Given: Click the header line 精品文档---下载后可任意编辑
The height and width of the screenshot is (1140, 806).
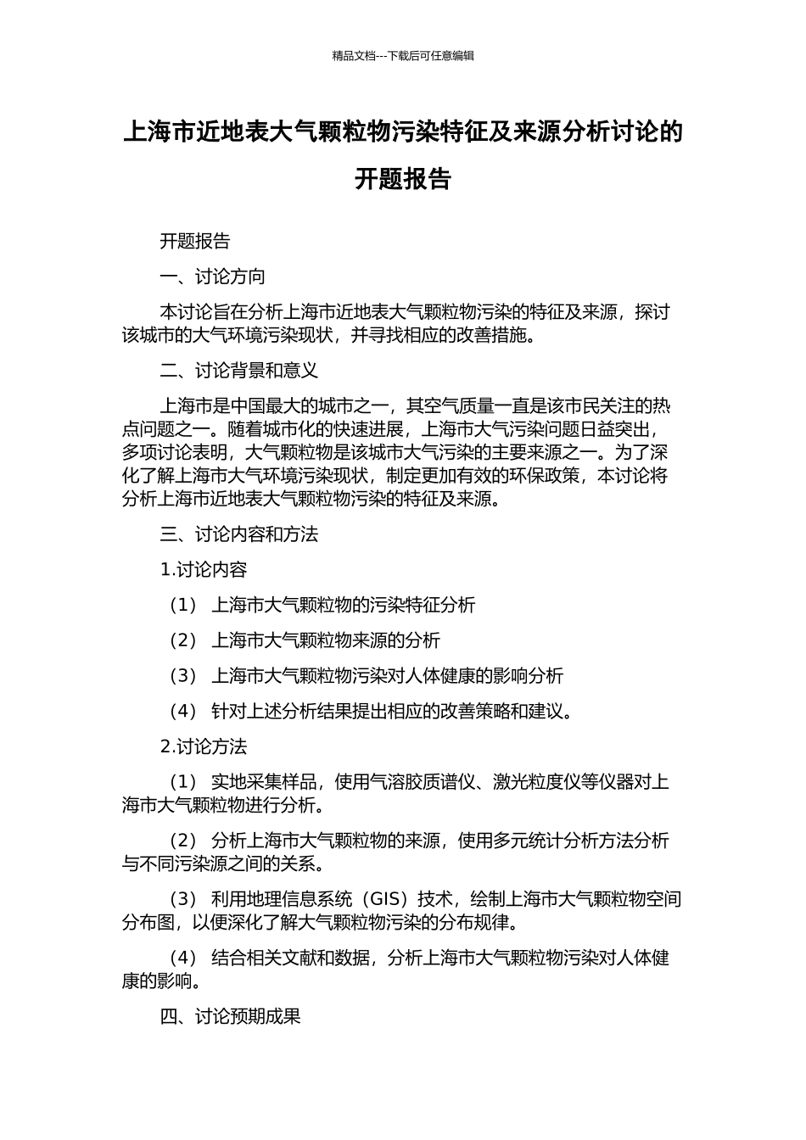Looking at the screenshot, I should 403,56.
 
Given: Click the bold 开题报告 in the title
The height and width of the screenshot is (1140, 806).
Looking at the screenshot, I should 403,180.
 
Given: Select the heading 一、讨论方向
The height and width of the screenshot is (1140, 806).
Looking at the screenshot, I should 213,277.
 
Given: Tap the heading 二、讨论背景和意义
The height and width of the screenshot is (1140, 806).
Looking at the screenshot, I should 239,371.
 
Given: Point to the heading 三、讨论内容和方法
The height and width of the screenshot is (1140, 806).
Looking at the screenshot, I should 239,534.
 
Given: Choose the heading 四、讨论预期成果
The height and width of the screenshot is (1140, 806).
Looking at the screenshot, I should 231,1016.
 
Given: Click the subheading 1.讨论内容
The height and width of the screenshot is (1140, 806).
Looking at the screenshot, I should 204,570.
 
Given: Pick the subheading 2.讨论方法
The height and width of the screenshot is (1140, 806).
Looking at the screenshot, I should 204,747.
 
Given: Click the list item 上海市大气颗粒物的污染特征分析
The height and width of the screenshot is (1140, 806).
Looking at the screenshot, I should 343,606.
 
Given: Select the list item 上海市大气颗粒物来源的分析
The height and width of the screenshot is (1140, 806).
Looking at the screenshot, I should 326,641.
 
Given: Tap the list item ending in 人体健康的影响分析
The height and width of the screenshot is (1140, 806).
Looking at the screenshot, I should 387,676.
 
